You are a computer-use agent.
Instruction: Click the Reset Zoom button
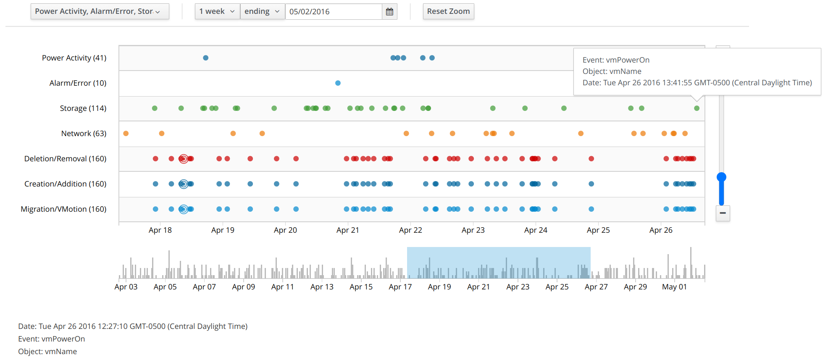448,11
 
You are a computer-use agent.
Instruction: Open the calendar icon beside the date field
389,12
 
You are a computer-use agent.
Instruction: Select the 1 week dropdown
217,11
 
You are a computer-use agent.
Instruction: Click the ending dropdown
262,11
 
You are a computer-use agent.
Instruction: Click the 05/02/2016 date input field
333,12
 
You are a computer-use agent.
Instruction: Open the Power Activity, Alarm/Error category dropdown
100,11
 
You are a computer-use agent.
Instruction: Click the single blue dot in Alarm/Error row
338,83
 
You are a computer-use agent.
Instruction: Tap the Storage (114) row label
83,108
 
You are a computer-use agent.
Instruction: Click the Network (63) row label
84,134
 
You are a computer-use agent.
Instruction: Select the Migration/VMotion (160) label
63,209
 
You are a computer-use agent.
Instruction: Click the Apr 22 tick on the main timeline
410,230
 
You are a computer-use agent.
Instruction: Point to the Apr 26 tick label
661,230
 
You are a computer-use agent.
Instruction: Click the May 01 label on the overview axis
674,287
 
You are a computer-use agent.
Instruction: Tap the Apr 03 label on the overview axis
126,287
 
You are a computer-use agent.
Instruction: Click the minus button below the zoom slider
723,213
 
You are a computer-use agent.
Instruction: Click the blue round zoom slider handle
721,177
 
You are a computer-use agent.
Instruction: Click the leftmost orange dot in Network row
126,134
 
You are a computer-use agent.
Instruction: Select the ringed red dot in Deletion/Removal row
183,159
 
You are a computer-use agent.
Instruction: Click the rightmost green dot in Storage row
697,108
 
